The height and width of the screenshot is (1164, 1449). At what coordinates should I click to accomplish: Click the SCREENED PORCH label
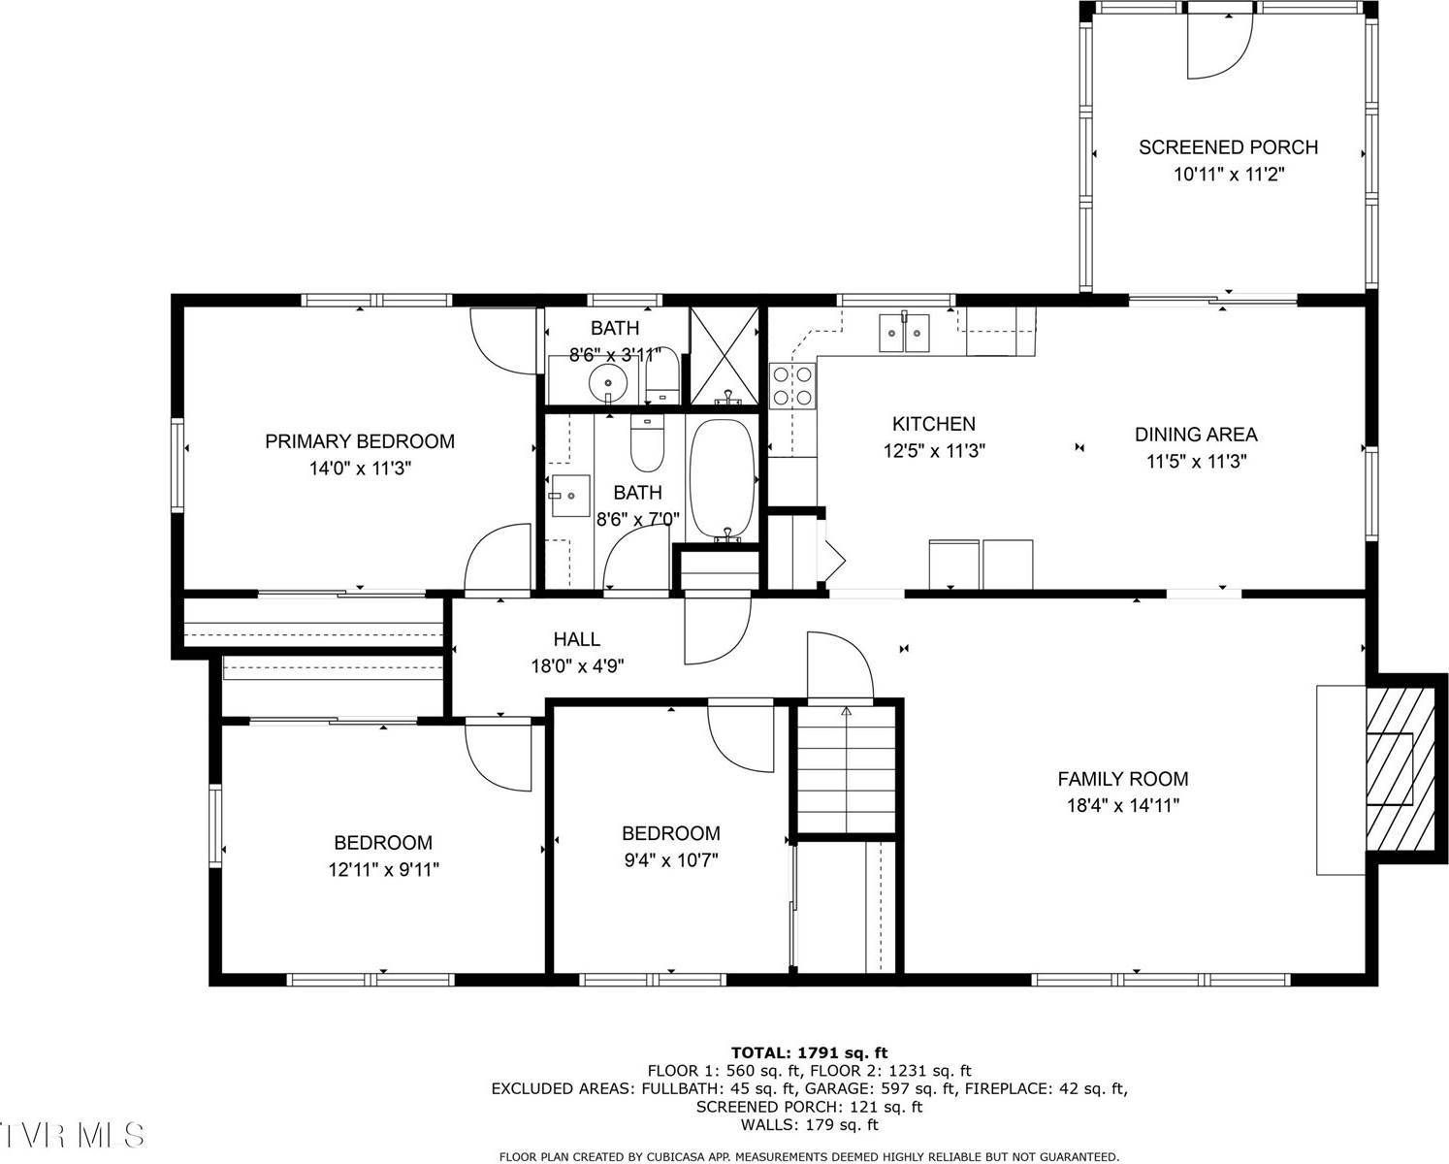[1228, 147]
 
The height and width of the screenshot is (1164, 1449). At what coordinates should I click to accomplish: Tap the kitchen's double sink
[904, 332]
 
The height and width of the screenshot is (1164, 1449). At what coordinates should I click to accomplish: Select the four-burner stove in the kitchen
[792, 385]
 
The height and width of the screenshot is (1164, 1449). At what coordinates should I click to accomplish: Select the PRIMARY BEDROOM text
[360, 441]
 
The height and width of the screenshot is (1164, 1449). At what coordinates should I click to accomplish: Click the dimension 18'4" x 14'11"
[1122, 805]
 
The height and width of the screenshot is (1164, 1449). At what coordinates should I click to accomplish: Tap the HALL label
[576, 639]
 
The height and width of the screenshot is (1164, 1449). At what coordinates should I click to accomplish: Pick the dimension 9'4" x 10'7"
[670, 859]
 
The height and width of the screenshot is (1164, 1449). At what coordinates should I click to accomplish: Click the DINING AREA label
[1196, 435]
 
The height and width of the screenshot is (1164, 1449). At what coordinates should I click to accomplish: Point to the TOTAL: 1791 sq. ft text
[809, 1052]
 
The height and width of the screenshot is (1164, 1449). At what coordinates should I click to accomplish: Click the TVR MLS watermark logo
[73, 1136]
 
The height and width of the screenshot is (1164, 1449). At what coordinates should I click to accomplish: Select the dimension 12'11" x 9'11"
[383, 870]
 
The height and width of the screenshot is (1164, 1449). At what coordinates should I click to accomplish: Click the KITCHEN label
[933, 424]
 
